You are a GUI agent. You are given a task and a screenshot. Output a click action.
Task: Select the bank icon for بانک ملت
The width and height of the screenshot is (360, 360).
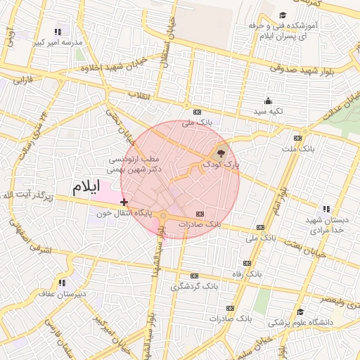pos(298,138)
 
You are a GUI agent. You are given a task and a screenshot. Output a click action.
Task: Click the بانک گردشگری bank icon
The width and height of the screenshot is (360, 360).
pos(195,276)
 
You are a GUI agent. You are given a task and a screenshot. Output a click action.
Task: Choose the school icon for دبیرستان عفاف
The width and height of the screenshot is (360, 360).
pos(62,283)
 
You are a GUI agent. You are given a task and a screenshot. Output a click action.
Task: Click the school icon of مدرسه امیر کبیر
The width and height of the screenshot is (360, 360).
pos(58,32)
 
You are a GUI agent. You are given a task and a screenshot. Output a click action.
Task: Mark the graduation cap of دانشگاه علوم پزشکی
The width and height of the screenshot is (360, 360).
pos(300,312)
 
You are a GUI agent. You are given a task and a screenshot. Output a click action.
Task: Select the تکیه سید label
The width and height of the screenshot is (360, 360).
pos(269,112)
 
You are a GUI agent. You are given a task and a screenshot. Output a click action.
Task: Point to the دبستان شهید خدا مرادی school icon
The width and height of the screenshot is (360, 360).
pos(326,209)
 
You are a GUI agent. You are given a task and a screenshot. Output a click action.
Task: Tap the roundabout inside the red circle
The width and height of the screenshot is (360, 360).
pos(163,217)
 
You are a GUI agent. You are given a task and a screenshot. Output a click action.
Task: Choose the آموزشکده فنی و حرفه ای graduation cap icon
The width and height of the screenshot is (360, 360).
pos(283,15)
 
